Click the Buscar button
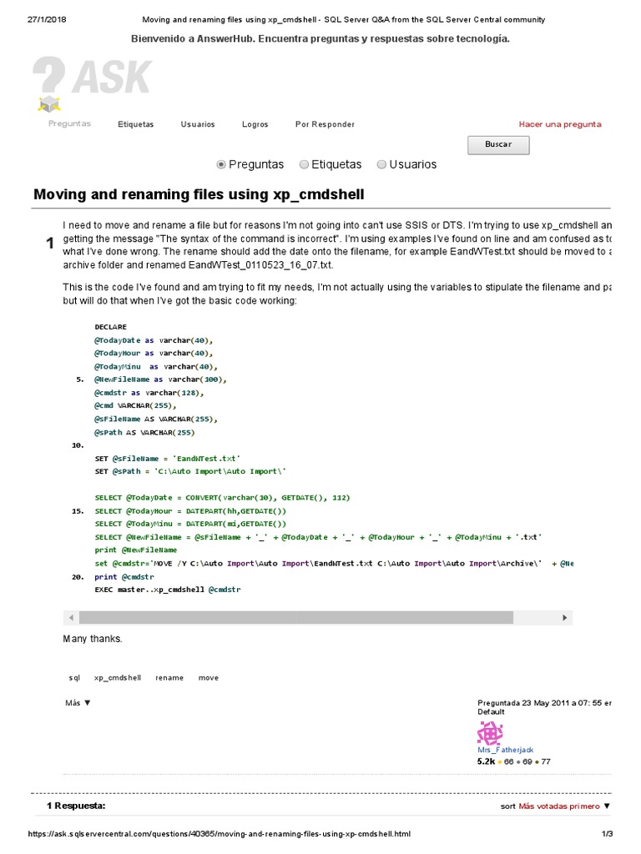(x=498, y=144)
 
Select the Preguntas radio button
(x=221, y=164)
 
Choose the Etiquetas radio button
(x=305, y=164)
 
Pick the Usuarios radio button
(x=382, y=164)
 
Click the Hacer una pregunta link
(x=559, y=124)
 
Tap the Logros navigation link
(x=255, y=124)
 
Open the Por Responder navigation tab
(x=325, y=124)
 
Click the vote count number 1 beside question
(x=49, y=243)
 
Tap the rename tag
(x=169, y=678)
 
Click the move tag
(x=209, y=678)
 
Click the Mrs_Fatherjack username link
(x=505, y=750)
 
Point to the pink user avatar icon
(x=490, y=733)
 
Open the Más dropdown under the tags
(x=78, y=703)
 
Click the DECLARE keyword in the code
(x=111, y=327)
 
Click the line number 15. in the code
(x=78, y=510)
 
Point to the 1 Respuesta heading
(x=76, y=806)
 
